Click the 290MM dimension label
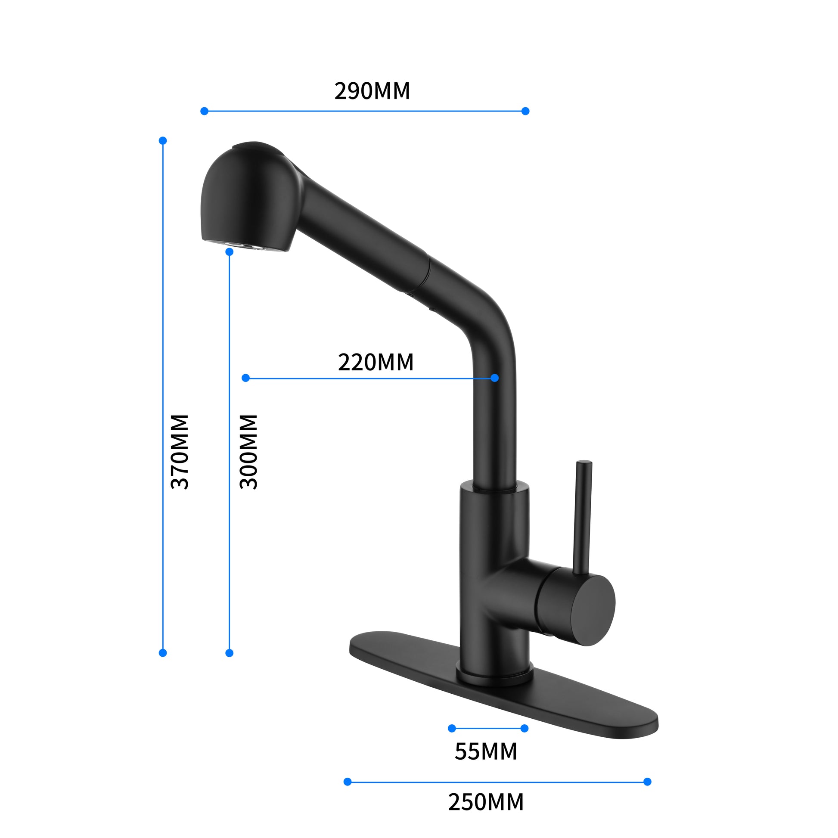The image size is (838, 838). pyautogui.click(x=372, y=91)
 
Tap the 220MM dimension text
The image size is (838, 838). pyautogui.click(x=376, y=362)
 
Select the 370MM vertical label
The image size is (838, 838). pyautogui.click(x=180, y=452)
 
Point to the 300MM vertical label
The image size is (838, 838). pyautogui.click(x=249, y=452)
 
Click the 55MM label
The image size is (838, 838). pyautogui.click(x=485, y=751)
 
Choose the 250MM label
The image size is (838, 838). pyautogui.click(x=485, y=802)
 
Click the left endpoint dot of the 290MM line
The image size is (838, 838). pyautogui.click(x=204, y=111)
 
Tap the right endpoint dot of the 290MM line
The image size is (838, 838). pyautogui.click(x=525, y=111)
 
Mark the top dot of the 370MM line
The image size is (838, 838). pyautogui.click(x=163, y=140)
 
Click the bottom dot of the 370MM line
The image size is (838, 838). pyautogui.click(x=163, y=653)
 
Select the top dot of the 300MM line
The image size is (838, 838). pyautogui.click(x=230, y=252)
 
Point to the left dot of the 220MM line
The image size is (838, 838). pyautogui.click(x=245, y=378)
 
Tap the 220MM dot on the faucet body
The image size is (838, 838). pyautogui.click(x=494, y=378)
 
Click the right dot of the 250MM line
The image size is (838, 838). pyautogui.click(x=647, y=782)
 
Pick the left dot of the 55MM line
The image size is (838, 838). pyautogui.click(x=452, y=728)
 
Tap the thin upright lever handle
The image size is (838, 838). pyautogui.click(x=582, y=516)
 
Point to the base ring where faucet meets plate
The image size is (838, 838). pyautogui.click(x=494, y=677)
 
